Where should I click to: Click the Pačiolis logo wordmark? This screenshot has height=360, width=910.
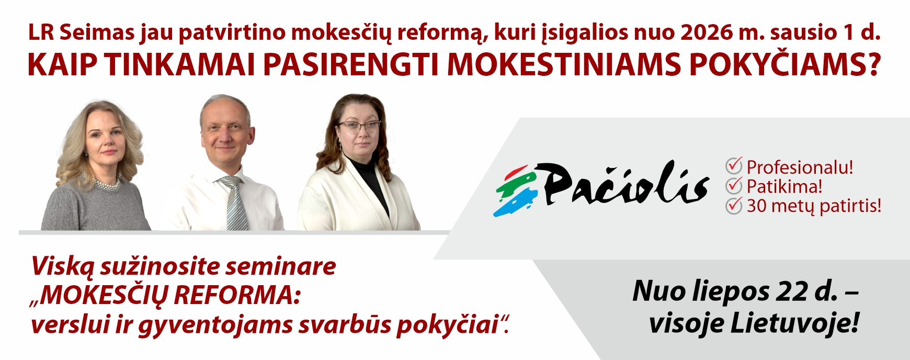point(625,183)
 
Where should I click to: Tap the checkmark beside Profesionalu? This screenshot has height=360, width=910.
point(734,166)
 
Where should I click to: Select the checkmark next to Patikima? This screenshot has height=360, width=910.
point(734,185)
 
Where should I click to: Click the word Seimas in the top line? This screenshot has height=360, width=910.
point(97,32)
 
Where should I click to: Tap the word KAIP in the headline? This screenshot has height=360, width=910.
point(62,65)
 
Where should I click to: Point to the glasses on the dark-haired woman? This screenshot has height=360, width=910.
point(359,126)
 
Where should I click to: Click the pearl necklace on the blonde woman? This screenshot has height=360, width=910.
point(107,185)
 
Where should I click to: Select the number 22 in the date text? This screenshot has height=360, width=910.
point(792,291)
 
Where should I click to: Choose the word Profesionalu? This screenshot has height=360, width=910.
point(800,167)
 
